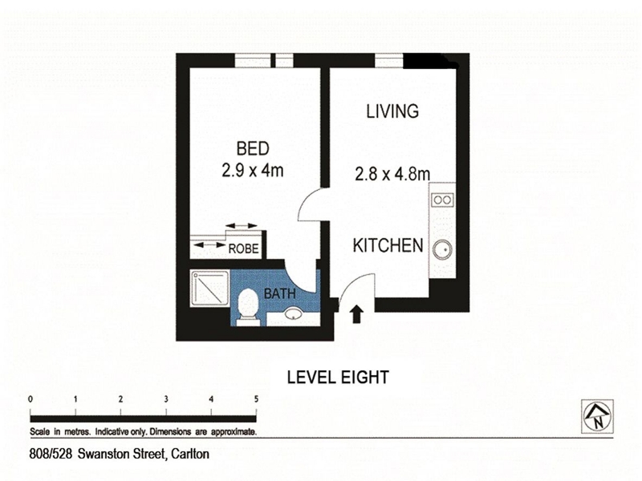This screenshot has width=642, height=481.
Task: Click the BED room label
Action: pyautogui.click(x=253, y=148)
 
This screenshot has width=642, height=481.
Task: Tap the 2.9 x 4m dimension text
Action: pyautogui.click(x=252, y=170)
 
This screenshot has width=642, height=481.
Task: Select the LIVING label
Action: pyautogui.click(x=392, y=111)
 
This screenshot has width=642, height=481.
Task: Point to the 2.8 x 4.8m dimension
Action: pyautogui.click(x=392, y=174)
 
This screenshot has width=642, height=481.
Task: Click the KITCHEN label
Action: pyautogui.click(x=388, y=245)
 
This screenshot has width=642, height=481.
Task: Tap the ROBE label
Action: pyautogui.click(x=243, y=249)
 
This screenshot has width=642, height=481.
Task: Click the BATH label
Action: pyautogui.click(x=279, y=293)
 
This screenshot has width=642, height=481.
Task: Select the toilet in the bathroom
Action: pyautogui.click(x=249, y=307)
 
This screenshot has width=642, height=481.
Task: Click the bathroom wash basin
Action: pyautogui.click(x=293, y=313)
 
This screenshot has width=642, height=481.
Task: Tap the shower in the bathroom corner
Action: pyautogui.click(x=209, y=289)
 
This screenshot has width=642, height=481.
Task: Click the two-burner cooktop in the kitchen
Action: pyautogui.click(x=443, y=200)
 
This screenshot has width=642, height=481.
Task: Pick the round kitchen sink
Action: pyautogui.click(x=442, y=249)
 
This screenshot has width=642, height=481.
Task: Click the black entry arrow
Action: pyautogui.click(x=357, y=314)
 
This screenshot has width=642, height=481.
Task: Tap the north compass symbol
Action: pyautogui.click(x=597, y=416)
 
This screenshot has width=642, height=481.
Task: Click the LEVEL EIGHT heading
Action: pyautogui.click(x=338, y=377)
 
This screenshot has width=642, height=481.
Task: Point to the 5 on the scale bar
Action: pyautogui.click(x=256, y=399)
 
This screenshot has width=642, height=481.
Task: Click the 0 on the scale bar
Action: pyautogui.click(x=30, y=399)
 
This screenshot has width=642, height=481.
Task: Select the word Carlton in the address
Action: pyautogui.click(x=190, y=454)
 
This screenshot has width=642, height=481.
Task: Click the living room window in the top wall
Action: pyautogui.click(x=389, y=61)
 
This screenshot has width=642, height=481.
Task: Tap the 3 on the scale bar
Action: pyautogui.click(x=166, y=399)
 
